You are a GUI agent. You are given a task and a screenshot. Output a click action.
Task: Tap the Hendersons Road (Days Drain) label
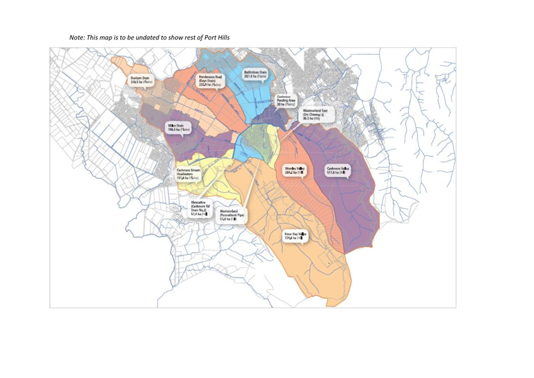coord(210,80)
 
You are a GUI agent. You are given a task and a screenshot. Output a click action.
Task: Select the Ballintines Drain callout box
coord(255,74)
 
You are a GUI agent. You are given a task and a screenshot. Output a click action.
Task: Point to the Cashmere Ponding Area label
coord(285,101)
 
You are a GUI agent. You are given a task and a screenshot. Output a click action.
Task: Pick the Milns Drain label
coord(178,127)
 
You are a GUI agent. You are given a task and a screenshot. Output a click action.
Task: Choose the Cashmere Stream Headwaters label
coord(191,174)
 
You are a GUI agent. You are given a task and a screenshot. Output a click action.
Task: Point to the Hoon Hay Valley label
coord(296,237)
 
